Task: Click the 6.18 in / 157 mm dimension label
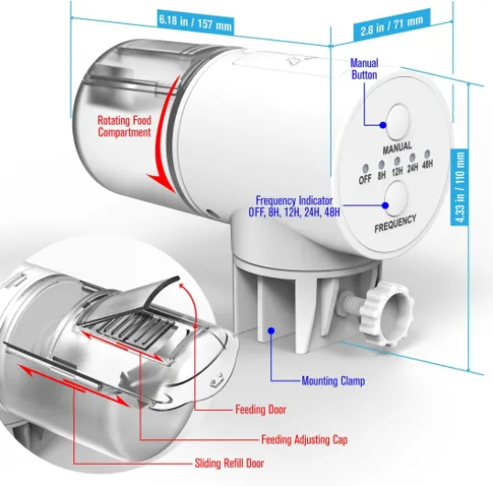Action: [x=195, y=22]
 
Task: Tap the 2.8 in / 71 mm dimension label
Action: [x=391, y=26]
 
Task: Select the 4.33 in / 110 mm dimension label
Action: [x=459, y=187]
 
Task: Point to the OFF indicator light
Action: [x=365, y=169]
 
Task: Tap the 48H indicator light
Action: [x=427, y=154]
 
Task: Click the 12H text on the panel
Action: [x=397, y=171]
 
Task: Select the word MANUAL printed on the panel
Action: [x=397, y=148]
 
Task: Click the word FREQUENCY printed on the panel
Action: [x=395, y=224]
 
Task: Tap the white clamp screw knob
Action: [x=386, y=314]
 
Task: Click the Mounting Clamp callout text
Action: [x=334, y=381]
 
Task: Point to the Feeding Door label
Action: [x=260, y=410]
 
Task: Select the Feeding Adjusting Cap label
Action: [x=304, y=439]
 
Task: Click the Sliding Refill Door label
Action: [x=229, y=463]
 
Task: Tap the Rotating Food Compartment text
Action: [x=125, y=127]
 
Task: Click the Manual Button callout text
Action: [x=364, y=69]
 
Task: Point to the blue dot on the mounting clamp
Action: [x=271, y=330]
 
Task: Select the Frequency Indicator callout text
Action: [x=294, y=206]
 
